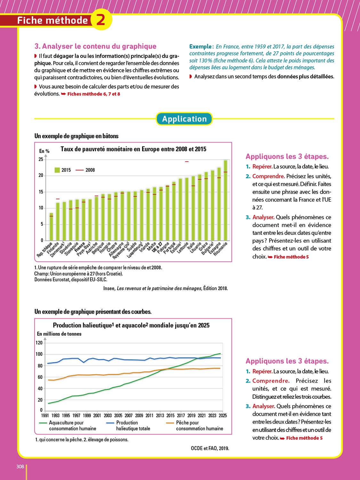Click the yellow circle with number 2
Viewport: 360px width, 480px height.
[101, 20]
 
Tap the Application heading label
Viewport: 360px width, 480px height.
[184, 119]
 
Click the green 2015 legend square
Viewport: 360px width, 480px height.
[57, 170]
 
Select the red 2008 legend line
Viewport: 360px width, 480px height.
[79, 170]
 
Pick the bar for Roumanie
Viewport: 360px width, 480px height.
[226, 200]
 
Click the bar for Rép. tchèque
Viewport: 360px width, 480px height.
[51, 227]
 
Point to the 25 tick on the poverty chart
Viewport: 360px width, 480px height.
[41, 159]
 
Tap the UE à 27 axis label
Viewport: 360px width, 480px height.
[157, 247]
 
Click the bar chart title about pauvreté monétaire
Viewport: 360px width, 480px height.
[133, 149]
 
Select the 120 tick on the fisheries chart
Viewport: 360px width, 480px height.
[39, 343]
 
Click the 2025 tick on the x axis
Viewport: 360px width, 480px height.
[223, 415]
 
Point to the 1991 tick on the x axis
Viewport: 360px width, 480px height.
[45, 415]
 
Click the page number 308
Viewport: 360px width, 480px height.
[20, 467]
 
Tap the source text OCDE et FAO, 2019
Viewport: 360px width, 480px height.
[210, 448]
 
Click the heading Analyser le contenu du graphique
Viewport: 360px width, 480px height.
[95, 46]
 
